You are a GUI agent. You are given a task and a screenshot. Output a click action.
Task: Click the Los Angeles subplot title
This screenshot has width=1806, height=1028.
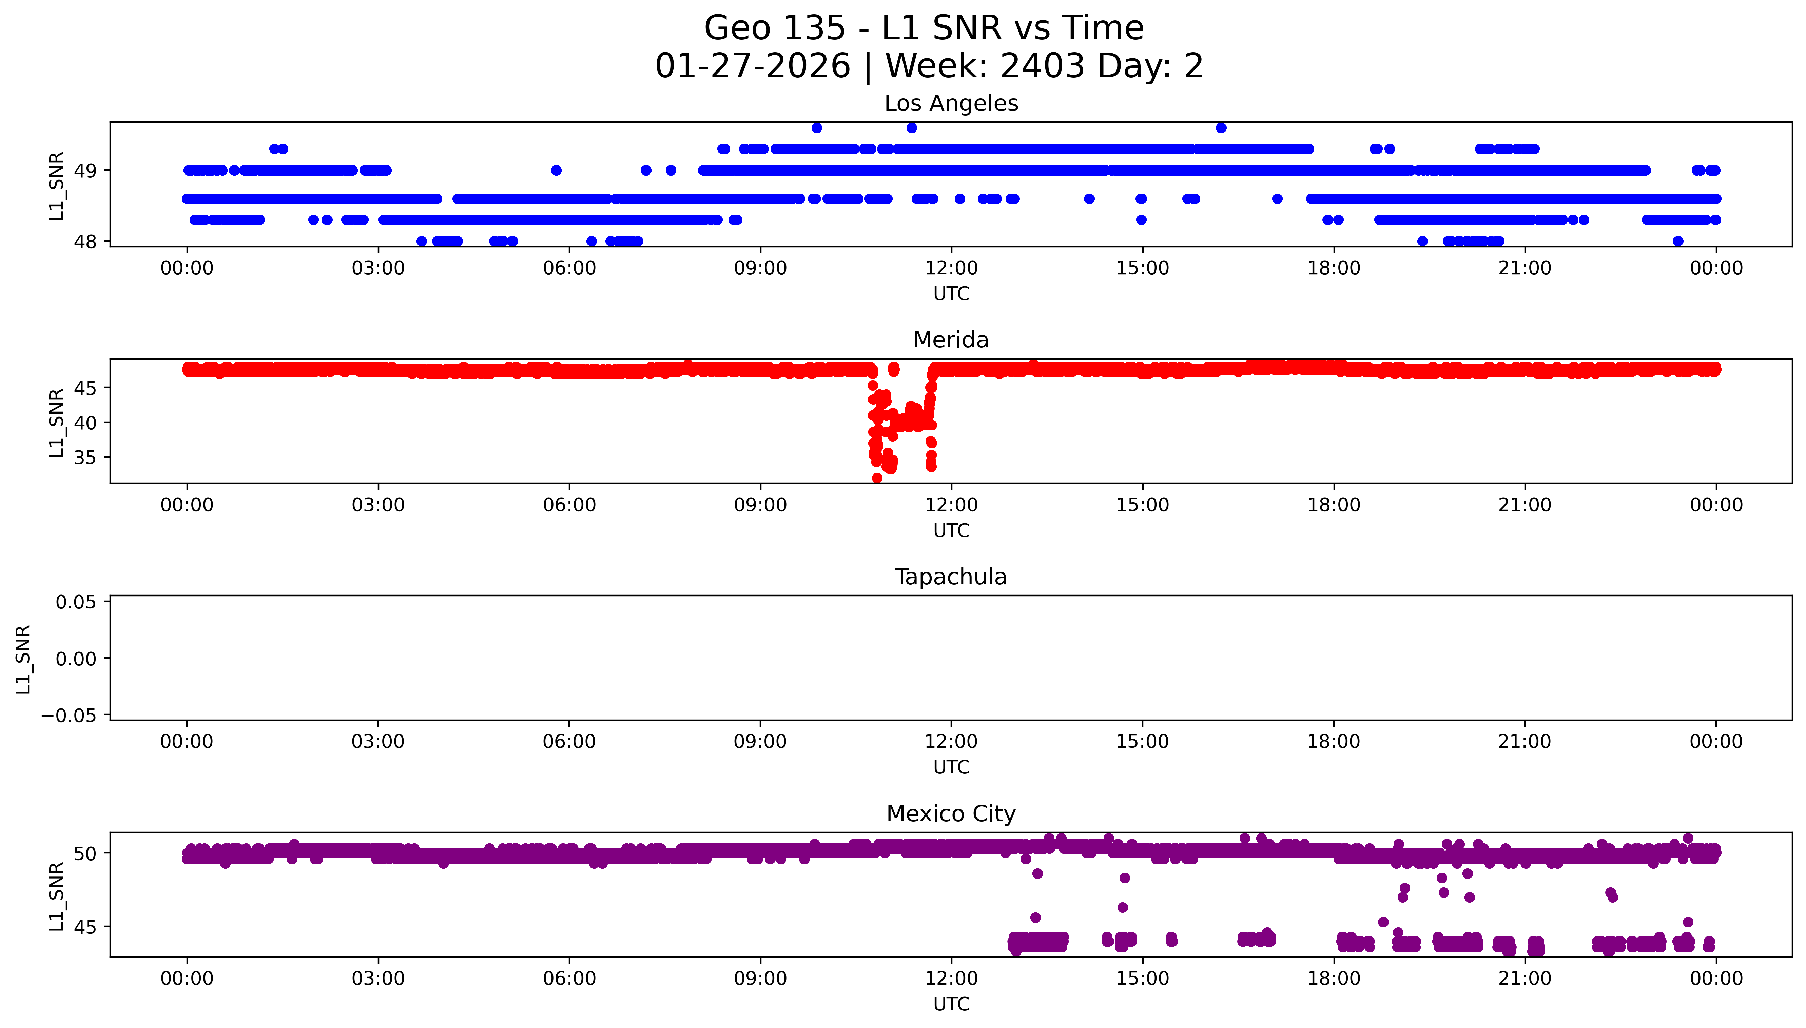[x=951, y=104]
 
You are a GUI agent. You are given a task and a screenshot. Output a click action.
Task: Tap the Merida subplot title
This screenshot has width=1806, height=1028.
[x=951, y=340]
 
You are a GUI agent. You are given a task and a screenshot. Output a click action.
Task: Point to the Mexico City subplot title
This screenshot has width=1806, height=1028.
[x=951, y=814]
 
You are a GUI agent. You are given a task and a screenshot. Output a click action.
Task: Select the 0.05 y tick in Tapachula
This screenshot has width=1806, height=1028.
[x=76, y=602]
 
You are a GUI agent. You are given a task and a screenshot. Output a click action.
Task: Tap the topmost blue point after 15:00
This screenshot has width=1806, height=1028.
[x=1221, y=128]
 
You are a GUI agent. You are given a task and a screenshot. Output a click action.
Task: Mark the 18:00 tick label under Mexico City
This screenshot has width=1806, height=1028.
[x=1334, y=979]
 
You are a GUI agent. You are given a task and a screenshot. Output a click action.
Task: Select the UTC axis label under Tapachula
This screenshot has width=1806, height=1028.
[x=951, y=767]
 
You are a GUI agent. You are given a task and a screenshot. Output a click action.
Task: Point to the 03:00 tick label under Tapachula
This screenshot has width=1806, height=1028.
[x=378, y=742]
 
